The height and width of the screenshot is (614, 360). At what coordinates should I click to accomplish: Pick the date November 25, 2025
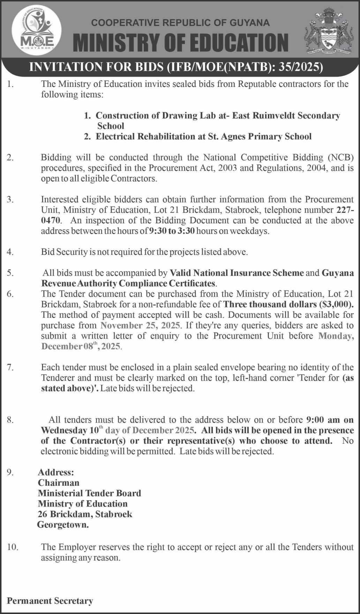(x=140, y=325)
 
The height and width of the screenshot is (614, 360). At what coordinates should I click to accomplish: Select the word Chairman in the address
(x=59, y=483)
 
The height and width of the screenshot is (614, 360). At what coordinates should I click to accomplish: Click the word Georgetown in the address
(x=63, y=525)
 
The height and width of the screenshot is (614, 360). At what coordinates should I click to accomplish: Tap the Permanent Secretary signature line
(x=50, y=601)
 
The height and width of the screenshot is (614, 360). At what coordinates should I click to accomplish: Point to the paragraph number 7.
(x=10, y=367)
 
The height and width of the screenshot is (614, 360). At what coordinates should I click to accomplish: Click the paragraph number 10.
(x=12, y=547)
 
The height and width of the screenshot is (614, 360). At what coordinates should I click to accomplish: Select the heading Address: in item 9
(x=56, y=472)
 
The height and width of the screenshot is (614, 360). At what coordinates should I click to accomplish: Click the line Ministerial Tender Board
(x=89, y=493)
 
